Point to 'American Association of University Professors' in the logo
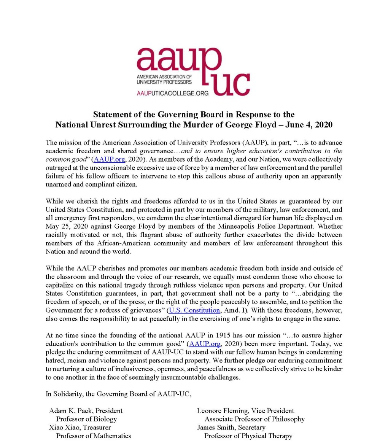coord(164,79)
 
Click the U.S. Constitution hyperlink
coord(194,310)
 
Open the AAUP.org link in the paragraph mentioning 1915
coord(205,344)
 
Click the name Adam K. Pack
coord(66,411)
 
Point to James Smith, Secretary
coord(231,428)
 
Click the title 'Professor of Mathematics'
coord(94,436)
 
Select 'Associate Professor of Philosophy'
coord(254,419)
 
